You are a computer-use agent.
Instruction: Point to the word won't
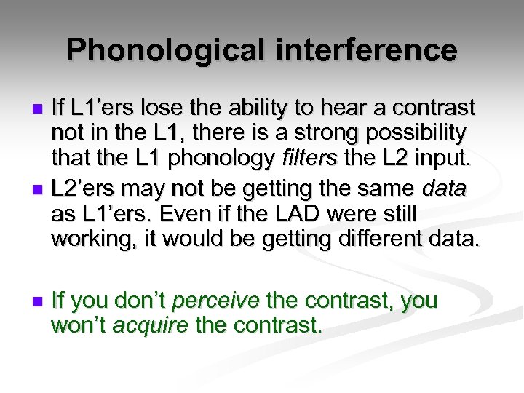tap(78, 325)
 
